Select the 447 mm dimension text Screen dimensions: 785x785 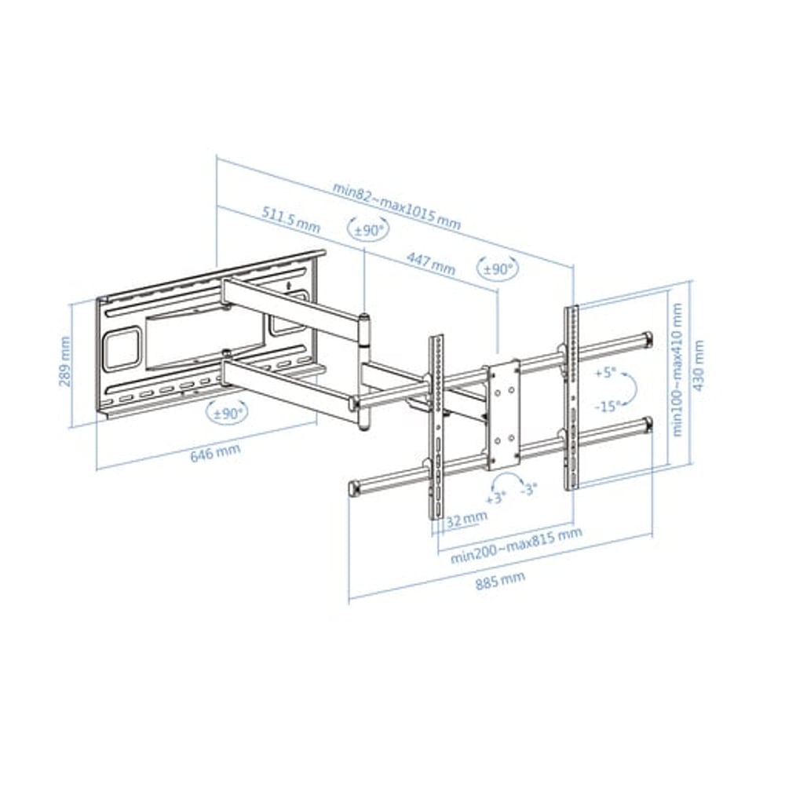pyautogui.click(x=430, y=263)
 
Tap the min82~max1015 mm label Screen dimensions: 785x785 pyautogui.click(x=396, y=204)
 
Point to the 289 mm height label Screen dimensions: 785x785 pyautogui.click(x=65, y=362)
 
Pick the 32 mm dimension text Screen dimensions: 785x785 pyautogui.click(x=466, y=517)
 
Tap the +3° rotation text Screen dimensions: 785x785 pyautogui.click(x=495, y=498)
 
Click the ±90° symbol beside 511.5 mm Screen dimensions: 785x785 pyautogui.click(x=367, y=230)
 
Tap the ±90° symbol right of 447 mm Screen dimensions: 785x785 pyautogui.click(x=497, y=268)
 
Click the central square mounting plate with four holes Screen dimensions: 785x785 pyautogui.click(x=502, y=413)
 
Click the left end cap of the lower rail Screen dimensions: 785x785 pyautogui.click(x=354, y=488)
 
